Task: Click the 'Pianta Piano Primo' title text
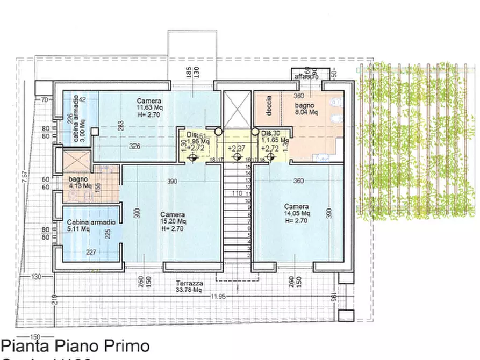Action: pyautogui.click(x=75, y=345)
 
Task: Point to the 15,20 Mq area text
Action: pyautogui.click(x=173, y=221)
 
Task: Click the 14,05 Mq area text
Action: pyautogui.click(x=296, y=213)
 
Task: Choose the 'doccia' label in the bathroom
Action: pyautogui.click(x=269, y=105)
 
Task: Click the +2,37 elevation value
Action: pyautogui.click(x=237, y=148)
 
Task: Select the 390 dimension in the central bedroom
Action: pyautogui.click(x=171, y=182)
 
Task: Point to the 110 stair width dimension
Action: pyautogui.click(x=235, y=193)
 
